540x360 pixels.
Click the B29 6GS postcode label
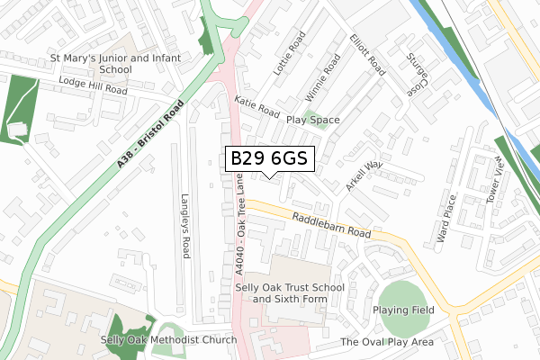(x=269, y=158)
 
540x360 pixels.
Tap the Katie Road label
(x=256, y=106)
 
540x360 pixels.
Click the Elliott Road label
(x=368, y=55)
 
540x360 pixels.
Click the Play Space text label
(x=312, y=120)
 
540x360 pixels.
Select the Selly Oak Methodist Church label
(x=169, y=340)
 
